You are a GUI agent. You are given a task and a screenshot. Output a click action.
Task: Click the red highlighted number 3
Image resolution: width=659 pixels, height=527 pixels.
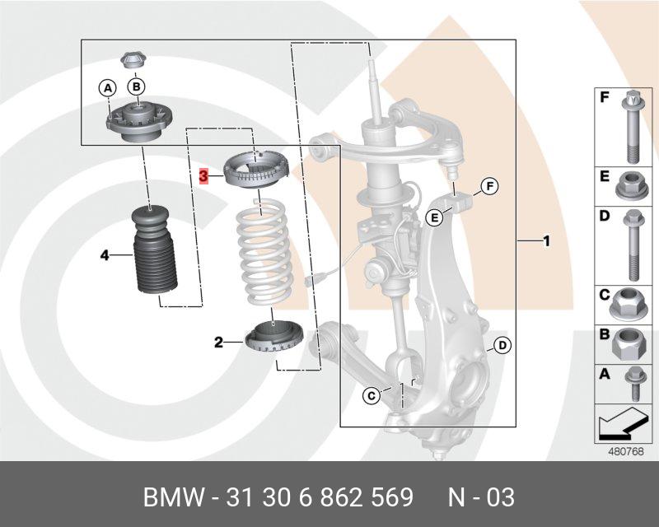click(204, 175)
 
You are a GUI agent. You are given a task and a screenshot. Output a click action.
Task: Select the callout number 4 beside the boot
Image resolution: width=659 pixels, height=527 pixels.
click(105, 255)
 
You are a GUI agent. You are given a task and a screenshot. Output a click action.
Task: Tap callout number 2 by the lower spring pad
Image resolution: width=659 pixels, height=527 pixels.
click(218, 342)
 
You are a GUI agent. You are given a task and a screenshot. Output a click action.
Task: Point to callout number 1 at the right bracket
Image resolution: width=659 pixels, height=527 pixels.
click(545, 241)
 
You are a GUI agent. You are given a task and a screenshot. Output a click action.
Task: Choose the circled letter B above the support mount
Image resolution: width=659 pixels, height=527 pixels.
click(137, 86)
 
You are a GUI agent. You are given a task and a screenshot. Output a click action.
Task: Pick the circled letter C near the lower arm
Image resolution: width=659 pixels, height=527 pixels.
click(372, 396)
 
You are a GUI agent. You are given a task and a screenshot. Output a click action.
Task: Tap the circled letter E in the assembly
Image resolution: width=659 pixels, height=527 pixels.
click(433, 217)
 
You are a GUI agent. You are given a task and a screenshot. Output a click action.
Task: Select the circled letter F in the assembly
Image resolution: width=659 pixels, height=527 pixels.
click(488, 186)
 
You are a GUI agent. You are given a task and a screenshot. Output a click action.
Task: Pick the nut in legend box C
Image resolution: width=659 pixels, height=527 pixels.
click(629, 304)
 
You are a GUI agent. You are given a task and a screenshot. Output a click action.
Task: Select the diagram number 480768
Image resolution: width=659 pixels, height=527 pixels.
click(625, 451)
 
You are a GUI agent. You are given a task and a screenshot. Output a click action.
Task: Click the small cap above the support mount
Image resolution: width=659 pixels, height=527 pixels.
click(133, 60)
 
